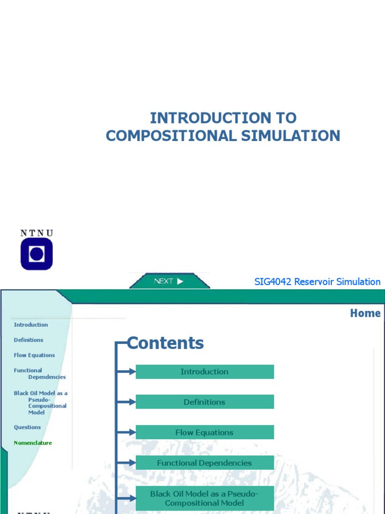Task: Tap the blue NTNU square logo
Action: coord(36,253)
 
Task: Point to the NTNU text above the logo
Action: coord(36,232)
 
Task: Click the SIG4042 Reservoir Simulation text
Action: coord(317,282)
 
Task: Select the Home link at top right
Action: coord(365,313)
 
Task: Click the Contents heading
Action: coord(165,343)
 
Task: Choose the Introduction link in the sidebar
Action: coord(31,325)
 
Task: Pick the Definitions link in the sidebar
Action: coord(29,340)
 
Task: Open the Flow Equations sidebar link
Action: coord(34,355)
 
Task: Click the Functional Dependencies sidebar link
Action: coord(39,373)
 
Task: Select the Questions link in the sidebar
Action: coord(27,427)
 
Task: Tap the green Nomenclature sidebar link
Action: coord(33,443)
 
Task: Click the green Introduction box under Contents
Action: coord(205,372)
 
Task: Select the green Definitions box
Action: coord(205,402)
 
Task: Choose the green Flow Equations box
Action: coord(205,433)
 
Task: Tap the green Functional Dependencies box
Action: coord(205,463)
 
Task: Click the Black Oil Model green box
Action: coord(205,498)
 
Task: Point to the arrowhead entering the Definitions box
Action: coord(132,402)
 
